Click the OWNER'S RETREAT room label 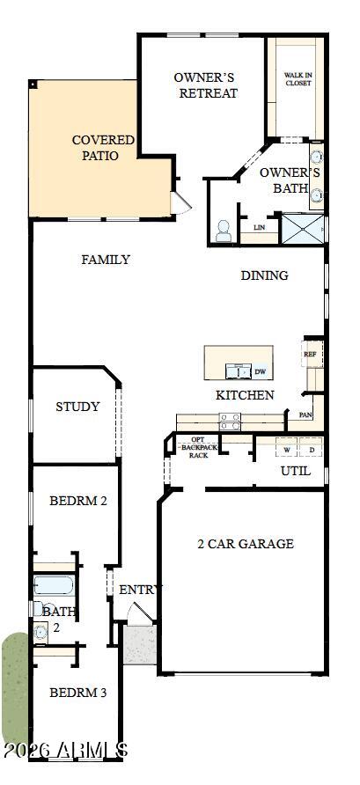(205, 85)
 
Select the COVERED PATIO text (102, 147)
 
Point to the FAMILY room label (106, 260)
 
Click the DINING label (264, 275)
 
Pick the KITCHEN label (245, 395)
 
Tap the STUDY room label (77, 407)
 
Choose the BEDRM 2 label (77, 501)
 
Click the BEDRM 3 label (77, 693)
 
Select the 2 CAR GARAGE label (245, 544)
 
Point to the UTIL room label (295, 471)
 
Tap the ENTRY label (141, 590)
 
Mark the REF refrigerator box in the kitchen (310, 356)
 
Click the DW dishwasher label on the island (260, 371)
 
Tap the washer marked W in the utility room (286, 450)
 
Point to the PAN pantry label (305, 415)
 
